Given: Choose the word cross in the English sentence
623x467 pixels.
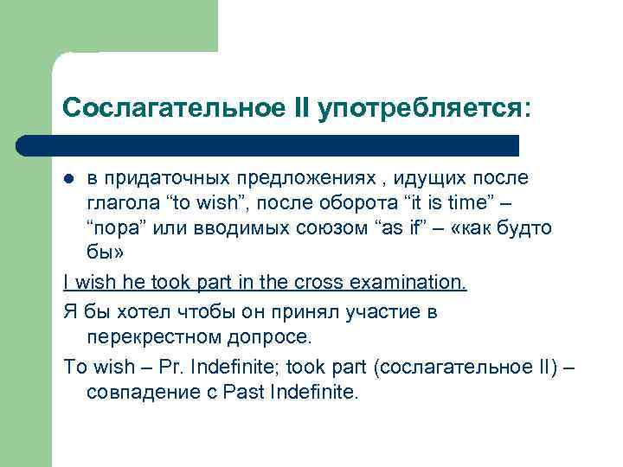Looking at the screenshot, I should coord(318,283).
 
